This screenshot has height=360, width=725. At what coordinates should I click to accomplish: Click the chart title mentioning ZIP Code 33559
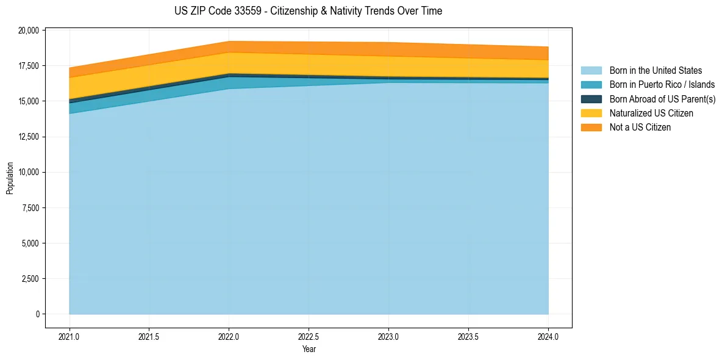click(x=308, y=11)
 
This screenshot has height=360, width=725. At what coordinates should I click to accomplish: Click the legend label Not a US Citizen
click(x=640, y=127)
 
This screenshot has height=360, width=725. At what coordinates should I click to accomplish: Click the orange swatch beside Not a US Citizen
click(x=591, y=127)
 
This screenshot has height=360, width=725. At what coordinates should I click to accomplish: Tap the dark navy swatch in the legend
click(x=591, y=99)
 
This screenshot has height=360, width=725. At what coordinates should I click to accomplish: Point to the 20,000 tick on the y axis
click(x=29, y=30)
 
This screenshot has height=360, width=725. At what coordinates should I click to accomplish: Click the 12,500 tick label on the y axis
click(x=29, y=137)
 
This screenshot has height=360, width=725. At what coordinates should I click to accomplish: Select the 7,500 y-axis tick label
click(x=30, y=208)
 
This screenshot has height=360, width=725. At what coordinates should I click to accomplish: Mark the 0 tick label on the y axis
click(x=37, y=314)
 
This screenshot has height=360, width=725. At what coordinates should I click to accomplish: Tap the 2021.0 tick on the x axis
click(x=70, y=336)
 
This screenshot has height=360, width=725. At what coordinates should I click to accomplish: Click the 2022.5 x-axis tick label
click(x=309, y=336)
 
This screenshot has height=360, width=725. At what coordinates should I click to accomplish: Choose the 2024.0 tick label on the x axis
click(x=548, y=336)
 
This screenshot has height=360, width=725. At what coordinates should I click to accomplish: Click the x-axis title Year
click(x=309, y=349)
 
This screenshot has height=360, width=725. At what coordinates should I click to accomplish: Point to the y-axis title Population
click(x=10, y=178)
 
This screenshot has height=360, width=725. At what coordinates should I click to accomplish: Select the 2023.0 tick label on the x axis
click(x=388, y=336)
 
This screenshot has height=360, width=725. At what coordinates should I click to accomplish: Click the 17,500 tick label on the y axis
click(x=29, y=66)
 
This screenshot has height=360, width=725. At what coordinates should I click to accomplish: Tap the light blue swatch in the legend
click(x=591, y=71)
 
